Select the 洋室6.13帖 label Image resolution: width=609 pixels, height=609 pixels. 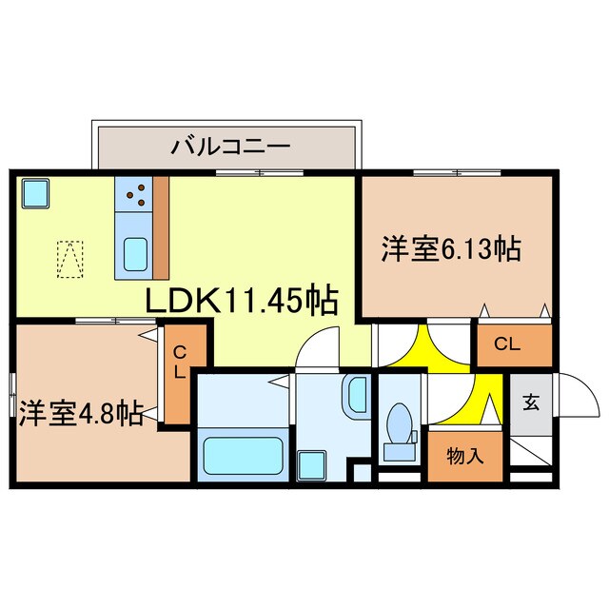pos(451,249)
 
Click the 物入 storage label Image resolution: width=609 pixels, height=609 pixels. pos(465,455)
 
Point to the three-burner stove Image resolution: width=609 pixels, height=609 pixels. pos(134,196)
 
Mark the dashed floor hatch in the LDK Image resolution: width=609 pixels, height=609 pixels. pos(69,258)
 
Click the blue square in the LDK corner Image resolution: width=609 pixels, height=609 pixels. pos(36,194)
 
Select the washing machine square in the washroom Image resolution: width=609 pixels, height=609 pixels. pos(311,464)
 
